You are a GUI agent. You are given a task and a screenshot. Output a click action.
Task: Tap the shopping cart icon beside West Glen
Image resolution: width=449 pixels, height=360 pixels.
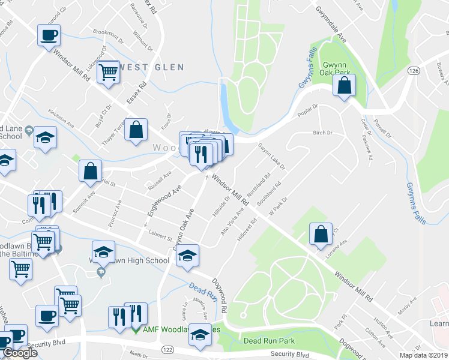[x=109, y=72]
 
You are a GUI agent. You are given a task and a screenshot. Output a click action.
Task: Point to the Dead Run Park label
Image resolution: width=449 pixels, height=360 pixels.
[x=269, y=341]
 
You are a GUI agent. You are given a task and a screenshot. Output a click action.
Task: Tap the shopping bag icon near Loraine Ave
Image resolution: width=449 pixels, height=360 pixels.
[x=321, y=234]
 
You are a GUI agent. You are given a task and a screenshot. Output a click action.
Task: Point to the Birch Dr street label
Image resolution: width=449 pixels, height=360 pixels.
[x=322, y=133]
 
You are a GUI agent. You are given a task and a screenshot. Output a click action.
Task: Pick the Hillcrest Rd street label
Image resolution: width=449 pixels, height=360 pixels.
[x=247, y=229]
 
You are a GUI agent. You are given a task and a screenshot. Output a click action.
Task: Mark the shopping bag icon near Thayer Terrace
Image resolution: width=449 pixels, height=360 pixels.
[x=136, y=130]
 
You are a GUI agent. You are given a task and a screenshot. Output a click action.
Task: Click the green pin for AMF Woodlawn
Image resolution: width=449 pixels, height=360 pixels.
[x=136, y=329]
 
